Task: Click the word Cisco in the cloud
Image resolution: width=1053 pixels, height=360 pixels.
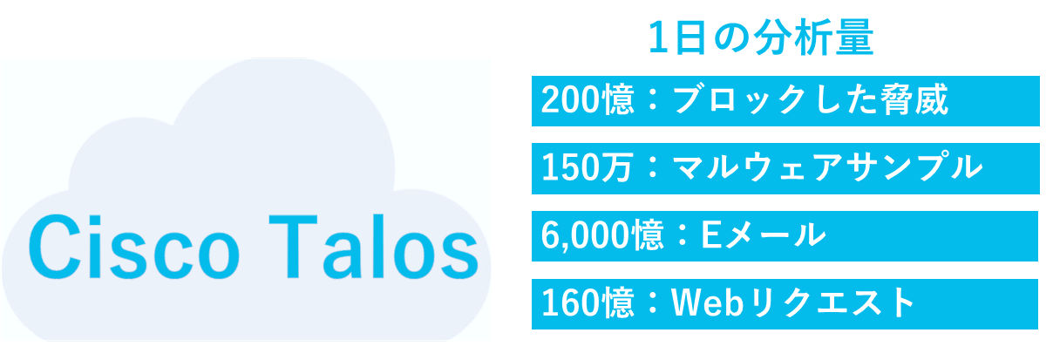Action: coord(134,248)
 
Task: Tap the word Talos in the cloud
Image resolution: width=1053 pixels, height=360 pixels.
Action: coord(374,248)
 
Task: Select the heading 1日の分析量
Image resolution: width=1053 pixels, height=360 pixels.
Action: coord(761,37)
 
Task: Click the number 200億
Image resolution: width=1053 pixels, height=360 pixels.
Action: coord(588,100)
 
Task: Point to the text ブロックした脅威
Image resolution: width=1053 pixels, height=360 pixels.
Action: coord(811,100)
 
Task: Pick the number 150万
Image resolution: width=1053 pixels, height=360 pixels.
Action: coord(587,167)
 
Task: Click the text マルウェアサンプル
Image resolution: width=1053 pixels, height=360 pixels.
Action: coord(827,167)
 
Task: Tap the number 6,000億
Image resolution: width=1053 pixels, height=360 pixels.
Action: coord(602,235)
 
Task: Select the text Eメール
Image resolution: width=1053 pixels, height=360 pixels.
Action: coord(763,235)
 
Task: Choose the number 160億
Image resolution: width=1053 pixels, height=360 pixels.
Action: coord(588,302)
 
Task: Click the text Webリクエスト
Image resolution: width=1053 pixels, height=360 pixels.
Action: coord(792,302)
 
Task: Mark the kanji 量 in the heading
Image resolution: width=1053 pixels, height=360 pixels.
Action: coord(854,37)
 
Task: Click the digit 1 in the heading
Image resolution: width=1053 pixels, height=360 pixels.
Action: coord(658,37)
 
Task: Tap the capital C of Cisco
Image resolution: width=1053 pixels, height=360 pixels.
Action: coord(51,248)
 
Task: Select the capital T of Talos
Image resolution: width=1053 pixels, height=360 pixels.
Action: coord(293,248)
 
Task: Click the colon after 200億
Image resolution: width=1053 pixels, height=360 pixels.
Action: coord(653,100)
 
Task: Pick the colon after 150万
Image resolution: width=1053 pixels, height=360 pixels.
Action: coord(653,167)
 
